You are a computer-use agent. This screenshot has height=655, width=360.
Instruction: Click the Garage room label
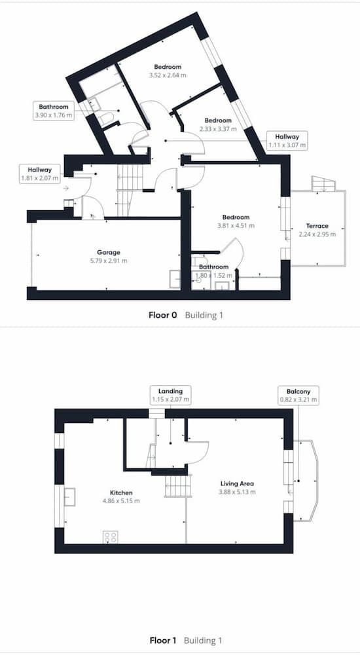click(109, 252)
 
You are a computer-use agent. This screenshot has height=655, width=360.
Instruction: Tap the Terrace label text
click(317, 226)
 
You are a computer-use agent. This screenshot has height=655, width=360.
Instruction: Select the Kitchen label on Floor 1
click(121, 493)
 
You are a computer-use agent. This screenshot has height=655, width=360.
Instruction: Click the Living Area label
click(237, 484)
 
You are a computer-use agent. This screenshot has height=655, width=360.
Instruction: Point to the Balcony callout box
click(298, 396)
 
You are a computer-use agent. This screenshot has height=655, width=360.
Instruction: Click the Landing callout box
click(170, 396)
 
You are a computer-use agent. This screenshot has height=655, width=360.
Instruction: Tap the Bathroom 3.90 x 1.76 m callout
click(54, 111)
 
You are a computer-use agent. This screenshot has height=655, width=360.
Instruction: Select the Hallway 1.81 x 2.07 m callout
click(40, 174)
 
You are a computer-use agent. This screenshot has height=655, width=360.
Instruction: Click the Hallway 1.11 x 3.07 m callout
click(287, 141)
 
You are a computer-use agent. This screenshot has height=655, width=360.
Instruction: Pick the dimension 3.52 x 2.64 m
click(168, 75)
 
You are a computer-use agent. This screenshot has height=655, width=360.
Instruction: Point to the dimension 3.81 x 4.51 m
click(236, 225)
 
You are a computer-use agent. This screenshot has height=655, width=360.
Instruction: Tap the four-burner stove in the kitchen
click(110, 537)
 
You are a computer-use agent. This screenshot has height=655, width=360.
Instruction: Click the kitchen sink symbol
click(70, 496)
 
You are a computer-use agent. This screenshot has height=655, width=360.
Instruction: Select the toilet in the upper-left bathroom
click(107, 119)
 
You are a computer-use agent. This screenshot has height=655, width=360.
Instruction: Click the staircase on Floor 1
click(178, 486)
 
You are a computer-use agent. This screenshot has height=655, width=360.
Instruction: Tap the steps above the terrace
click(323, 183)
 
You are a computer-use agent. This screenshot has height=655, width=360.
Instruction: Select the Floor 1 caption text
click(163, 641)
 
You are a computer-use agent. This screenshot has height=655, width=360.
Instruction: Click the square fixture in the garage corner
click(175, 279)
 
